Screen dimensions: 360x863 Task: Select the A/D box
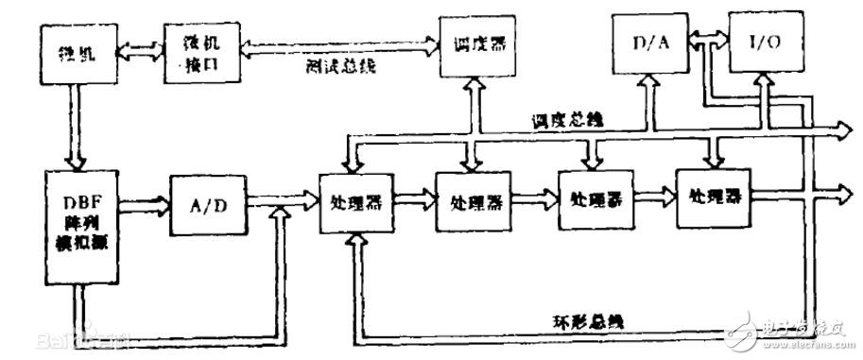207,203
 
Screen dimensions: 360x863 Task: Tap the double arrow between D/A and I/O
706,38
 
